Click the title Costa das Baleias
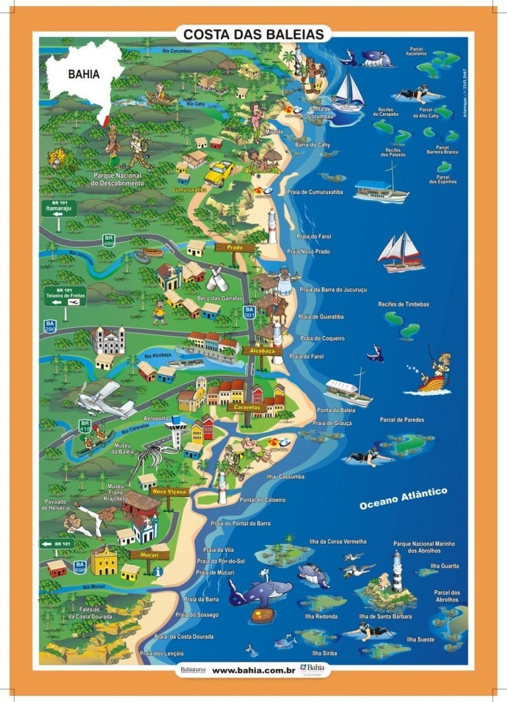253,33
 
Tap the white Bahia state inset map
86,79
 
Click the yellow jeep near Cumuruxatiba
219,172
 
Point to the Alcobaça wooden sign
261,350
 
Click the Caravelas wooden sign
246,407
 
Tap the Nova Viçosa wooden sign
169,492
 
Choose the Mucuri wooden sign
149,554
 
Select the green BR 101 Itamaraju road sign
58,208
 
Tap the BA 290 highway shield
49,326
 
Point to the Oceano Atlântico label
404,498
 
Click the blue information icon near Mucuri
158,571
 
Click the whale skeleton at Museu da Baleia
151,457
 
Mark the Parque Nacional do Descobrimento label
119,180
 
